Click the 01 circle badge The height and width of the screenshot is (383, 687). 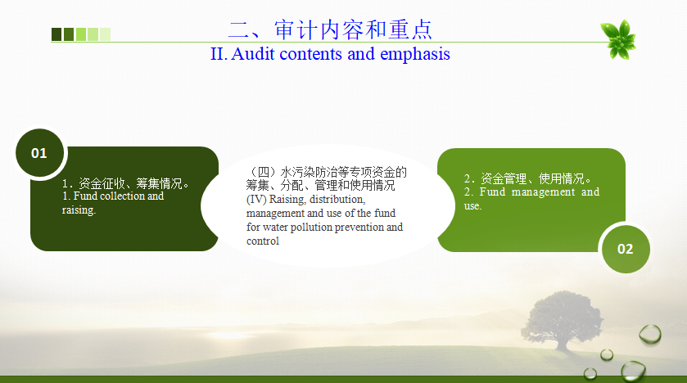(40, 153)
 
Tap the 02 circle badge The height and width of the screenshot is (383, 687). (626, 249)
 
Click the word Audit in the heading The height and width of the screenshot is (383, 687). (253, 54)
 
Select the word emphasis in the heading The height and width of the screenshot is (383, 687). (415, 54)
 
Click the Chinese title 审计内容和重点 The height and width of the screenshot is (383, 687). (354, 29)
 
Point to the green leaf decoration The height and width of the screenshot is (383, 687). (618, 39)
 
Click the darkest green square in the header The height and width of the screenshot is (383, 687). (56, 34)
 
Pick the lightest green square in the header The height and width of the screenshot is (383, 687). (105, 34)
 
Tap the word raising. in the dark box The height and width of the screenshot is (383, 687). (79, 210)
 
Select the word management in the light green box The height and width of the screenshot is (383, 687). (543, 192)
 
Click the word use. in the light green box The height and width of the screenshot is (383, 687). (472, 206)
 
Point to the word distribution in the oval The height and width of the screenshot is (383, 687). (337, 200)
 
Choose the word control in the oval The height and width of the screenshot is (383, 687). (263, 241)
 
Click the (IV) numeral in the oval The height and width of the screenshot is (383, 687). (256, 200)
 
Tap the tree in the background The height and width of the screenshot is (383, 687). (563, 318)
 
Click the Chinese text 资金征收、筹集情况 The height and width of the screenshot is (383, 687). (130, 183)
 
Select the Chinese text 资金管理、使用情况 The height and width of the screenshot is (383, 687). (533, 178)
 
